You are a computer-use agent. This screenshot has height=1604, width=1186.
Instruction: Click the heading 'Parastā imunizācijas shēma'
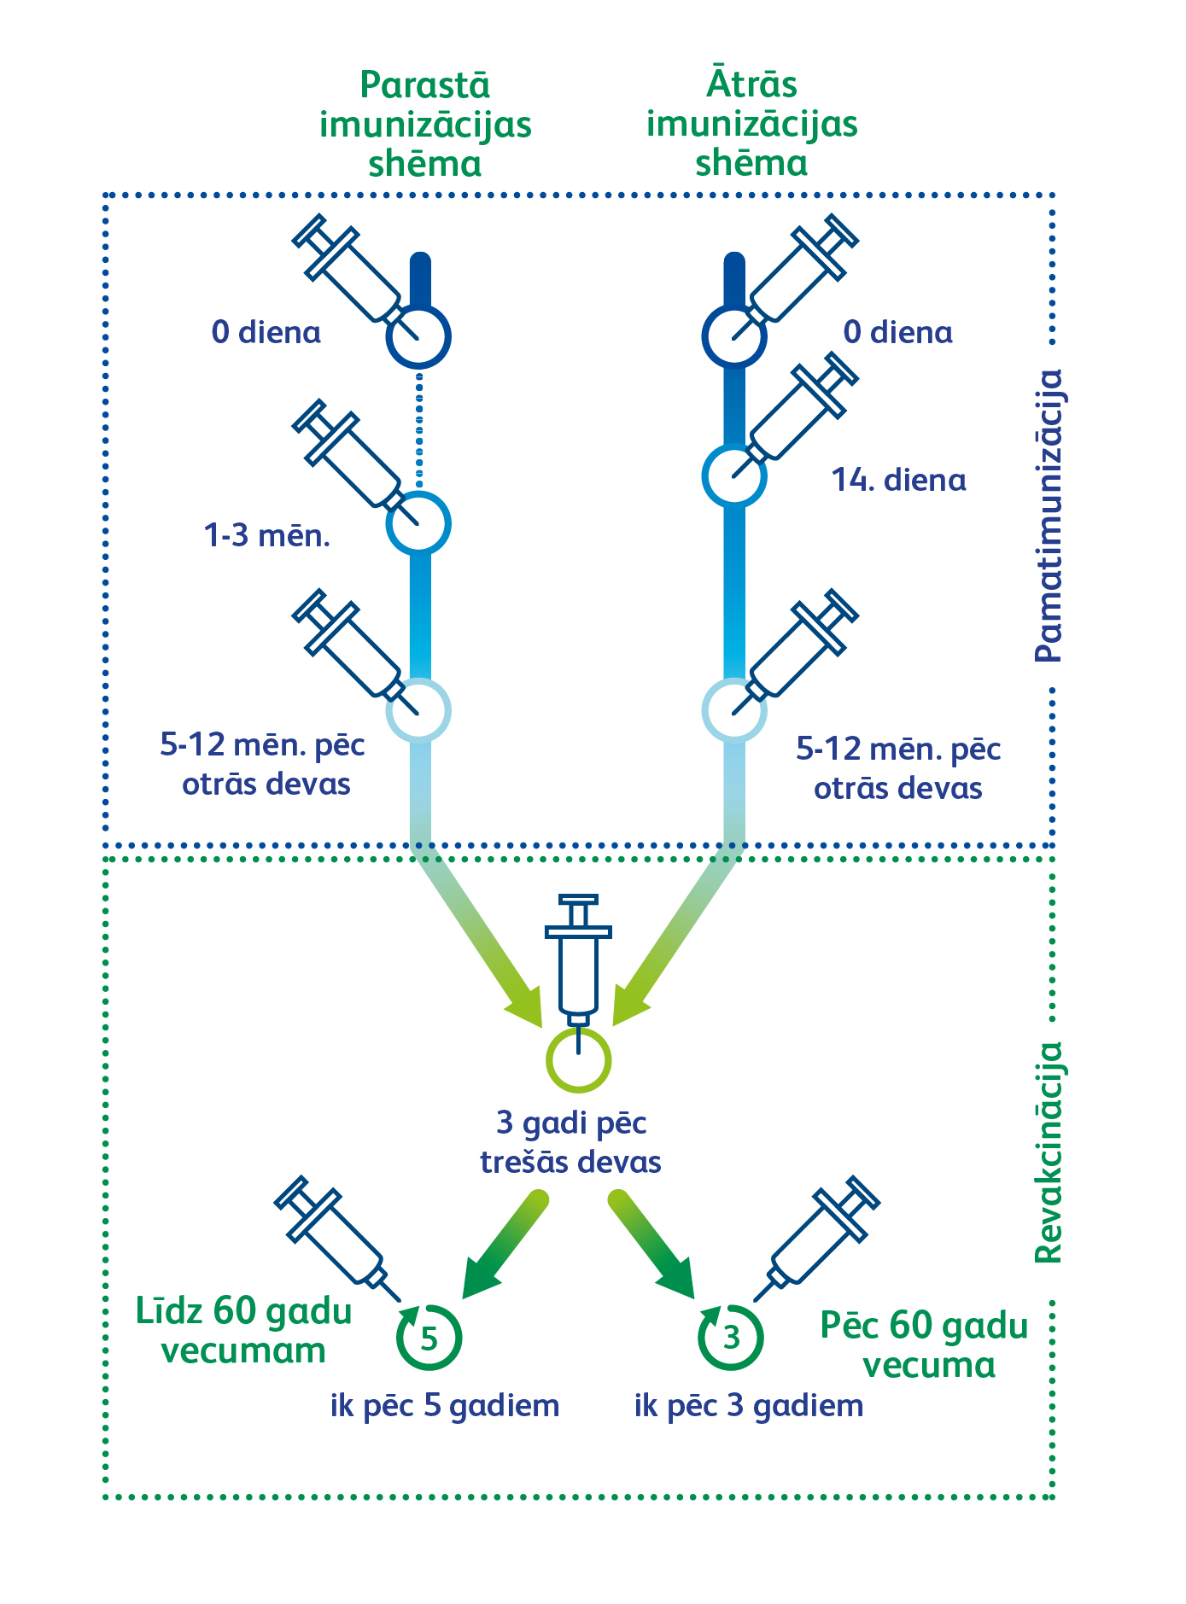pos(425,125)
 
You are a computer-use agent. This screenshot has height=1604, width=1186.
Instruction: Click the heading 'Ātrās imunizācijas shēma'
pos(751,125)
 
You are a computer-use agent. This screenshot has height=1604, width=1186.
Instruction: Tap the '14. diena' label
pos(899,481)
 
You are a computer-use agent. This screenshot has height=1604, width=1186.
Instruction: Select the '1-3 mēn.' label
pos(267,536)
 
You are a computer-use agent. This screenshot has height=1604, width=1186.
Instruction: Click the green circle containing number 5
pos(429,1338)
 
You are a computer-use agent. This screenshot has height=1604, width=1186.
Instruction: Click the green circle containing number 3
pos(731,1338)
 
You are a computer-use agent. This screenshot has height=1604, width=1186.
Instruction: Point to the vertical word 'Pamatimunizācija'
pos(1049,516)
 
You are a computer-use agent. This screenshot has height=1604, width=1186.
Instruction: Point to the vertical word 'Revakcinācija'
pos(1049,1152)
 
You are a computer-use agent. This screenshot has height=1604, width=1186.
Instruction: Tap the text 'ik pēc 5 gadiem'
pos(445,1406)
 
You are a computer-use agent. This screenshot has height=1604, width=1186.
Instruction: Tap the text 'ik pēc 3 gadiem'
pos(749,1406)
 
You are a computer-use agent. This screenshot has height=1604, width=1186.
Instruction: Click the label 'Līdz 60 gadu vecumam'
pos(244,1331)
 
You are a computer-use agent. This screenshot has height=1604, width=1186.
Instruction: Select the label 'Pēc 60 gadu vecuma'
pos(926,1345)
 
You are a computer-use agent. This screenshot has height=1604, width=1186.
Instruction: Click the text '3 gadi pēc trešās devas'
pos(571,1143)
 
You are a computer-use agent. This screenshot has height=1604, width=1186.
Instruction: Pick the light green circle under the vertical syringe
pos(578,1060)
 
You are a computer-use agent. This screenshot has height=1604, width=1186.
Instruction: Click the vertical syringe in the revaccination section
pos(578,960)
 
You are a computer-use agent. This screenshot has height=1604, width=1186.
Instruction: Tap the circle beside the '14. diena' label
pos(734,476)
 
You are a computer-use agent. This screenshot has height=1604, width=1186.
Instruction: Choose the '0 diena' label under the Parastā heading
pos(266,332)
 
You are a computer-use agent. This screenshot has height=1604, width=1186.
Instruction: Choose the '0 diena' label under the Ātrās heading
pos(898,332)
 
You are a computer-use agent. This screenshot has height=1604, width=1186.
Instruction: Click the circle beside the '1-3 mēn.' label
pos(418,523)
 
